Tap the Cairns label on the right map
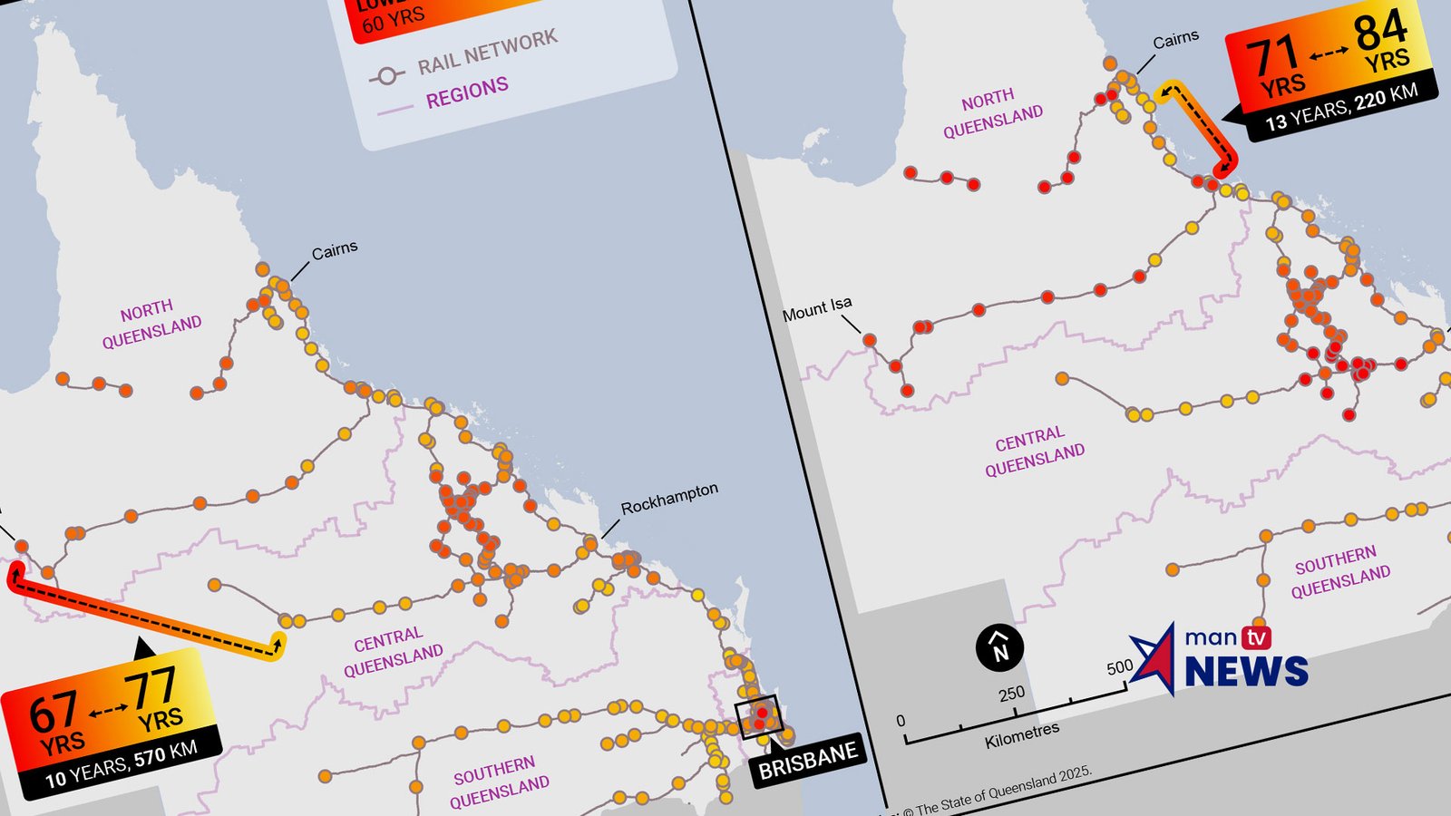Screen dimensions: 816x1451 (x=1175, y=40)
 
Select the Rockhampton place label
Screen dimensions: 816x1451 (x=669, y=498)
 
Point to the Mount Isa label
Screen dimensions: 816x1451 (x=817, y=309)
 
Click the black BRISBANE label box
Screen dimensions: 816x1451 (x=807, y=759)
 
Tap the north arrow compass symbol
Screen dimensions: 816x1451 (x=999, y=647)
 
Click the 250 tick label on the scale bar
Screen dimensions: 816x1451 (x=1011, y=695)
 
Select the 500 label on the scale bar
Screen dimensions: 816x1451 (x=1120, y=667)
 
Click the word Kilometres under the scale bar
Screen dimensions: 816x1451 (x=1022, y=736)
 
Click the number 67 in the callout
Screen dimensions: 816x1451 (x=53, y=713)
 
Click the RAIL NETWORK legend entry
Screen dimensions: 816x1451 (x=487, y=53)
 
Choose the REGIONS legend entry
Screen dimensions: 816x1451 (x=467, y=92)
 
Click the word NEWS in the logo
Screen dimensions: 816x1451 (x=1246, y=672)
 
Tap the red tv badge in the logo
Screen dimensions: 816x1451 (x=1256, y=638)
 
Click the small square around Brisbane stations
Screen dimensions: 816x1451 (x=758, y=717)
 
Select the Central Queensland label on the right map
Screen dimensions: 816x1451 (x=1034, y=452)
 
